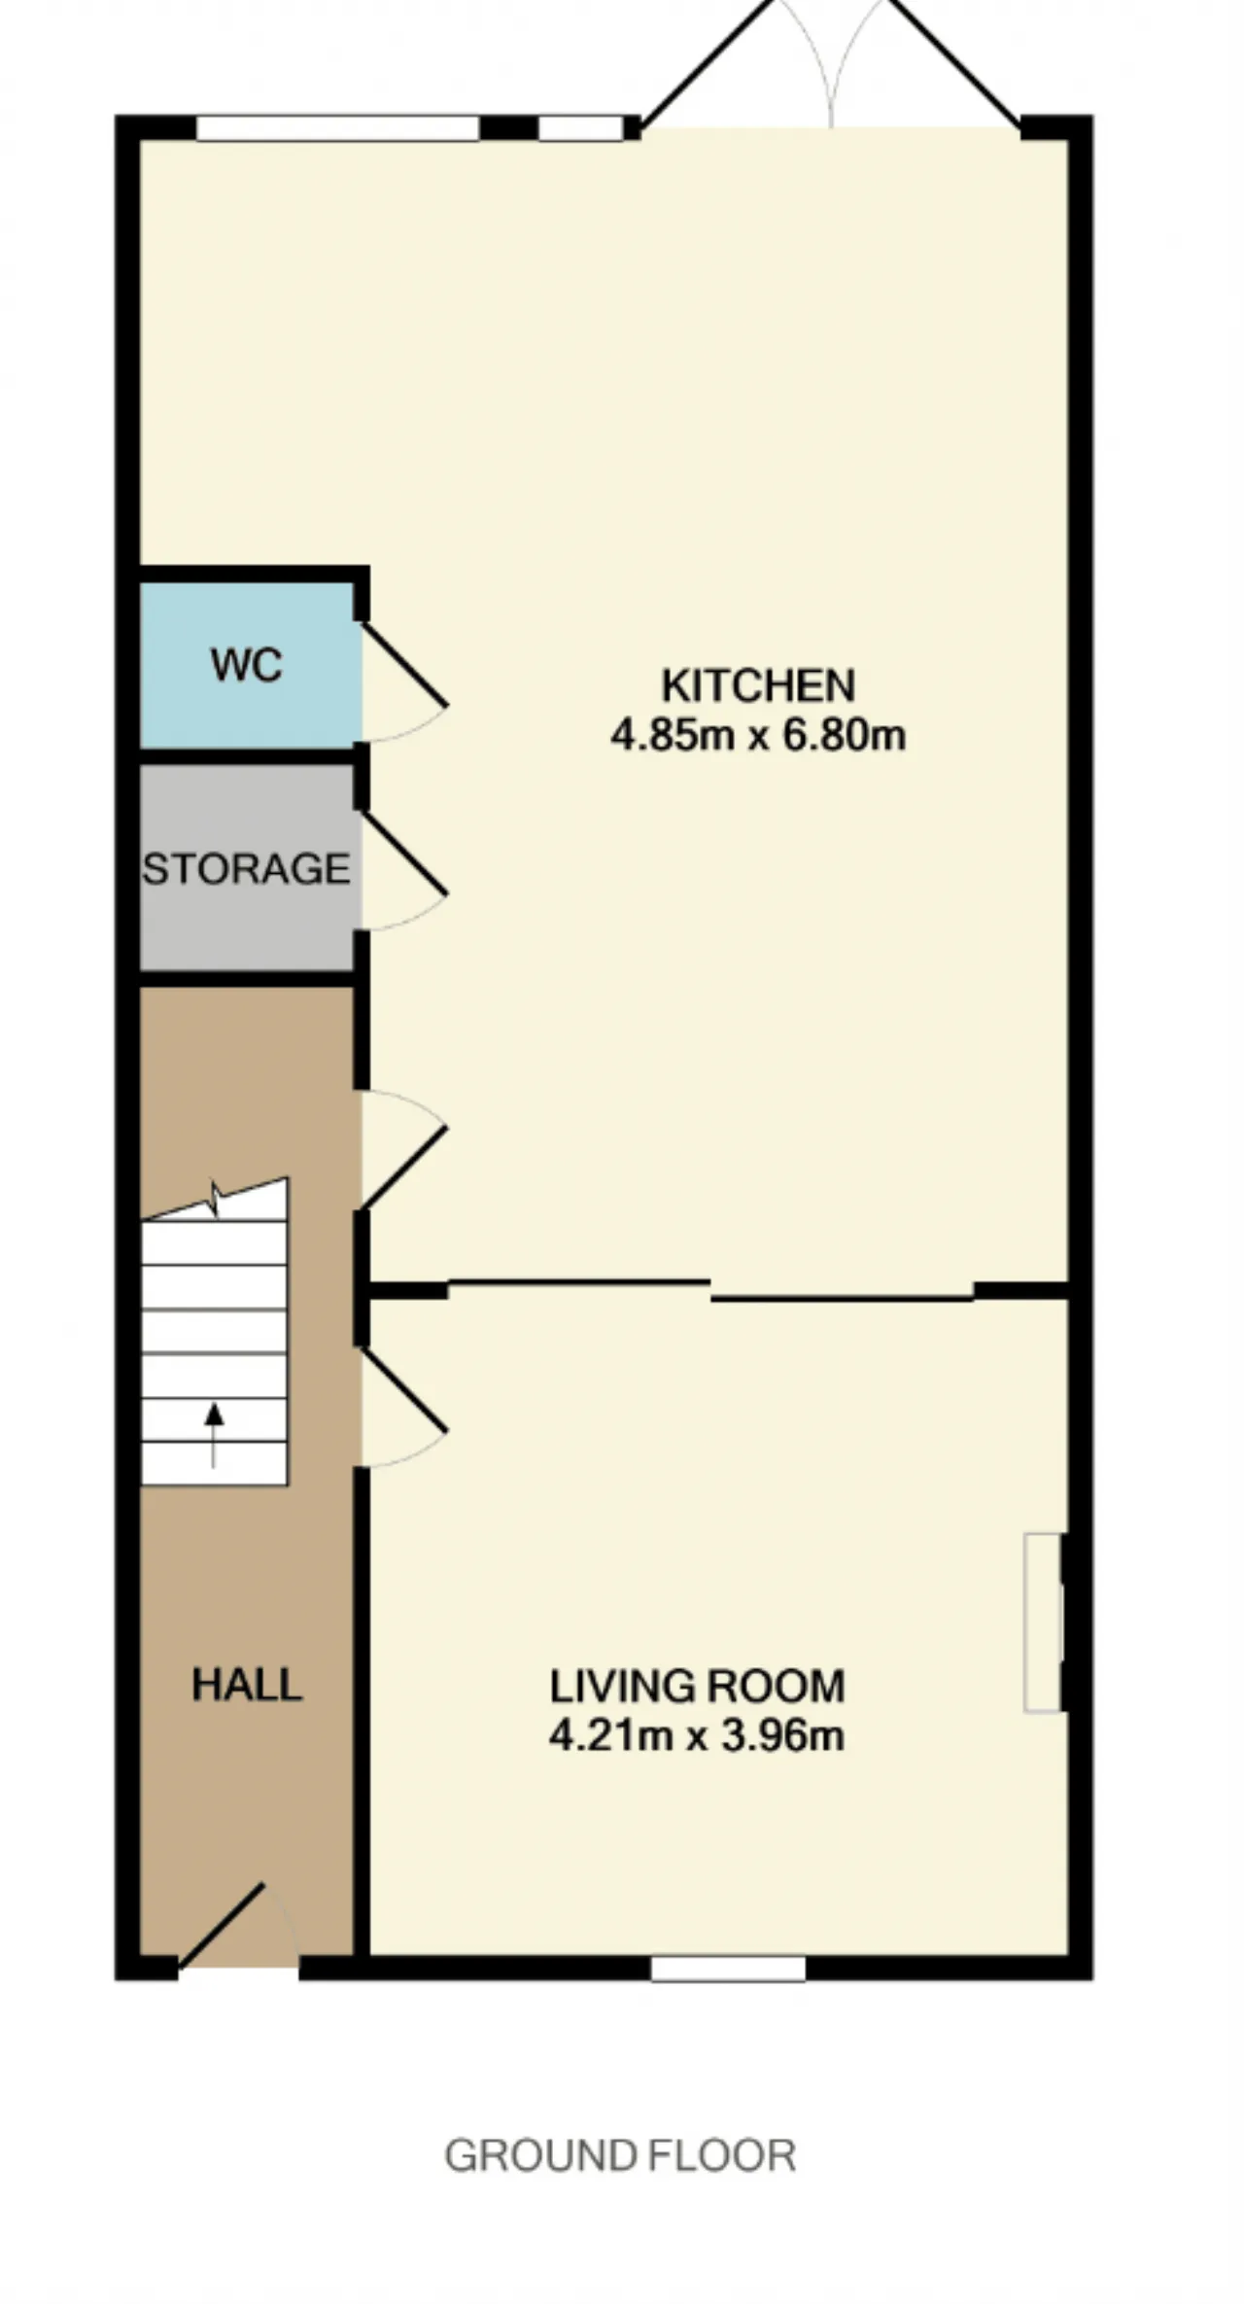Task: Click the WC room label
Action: pyautogui.click(x=247, y=665)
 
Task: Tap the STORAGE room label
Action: pyautogui.click(x=246, y=868)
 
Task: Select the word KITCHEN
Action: pyautogui.click(x=758, y=685)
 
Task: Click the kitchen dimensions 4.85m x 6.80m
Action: pyautogui.click(x=758, y=734)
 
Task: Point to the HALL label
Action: pyautogui.click(x=247, y=1685)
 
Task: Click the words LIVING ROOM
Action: pyautogui.click(x=697, y=1686)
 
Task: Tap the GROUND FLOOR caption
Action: pyautogui.click(x=620, y=2155)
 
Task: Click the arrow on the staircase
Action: pyautogui.click(x=214, y=1435)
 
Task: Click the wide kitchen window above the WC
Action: pyautogui.click(x=338, y=128)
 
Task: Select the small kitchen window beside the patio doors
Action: pyautogui.click(x=581, y=128)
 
